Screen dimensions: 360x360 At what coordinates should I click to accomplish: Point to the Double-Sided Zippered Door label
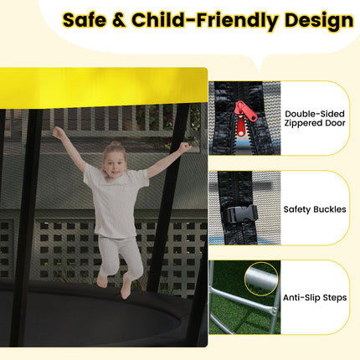tap(316, 118)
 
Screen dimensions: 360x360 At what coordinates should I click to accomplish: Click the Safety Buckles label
tap(316, 209)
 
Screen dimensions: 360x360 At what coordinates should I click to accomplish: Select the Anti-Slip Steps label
tap(316, 297)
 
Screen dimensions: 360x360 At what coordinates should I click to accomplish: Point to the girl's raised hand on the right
tap(184, 147)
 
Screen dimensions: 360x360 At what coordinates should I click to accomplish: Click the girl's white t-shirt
tap(116, 201)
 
